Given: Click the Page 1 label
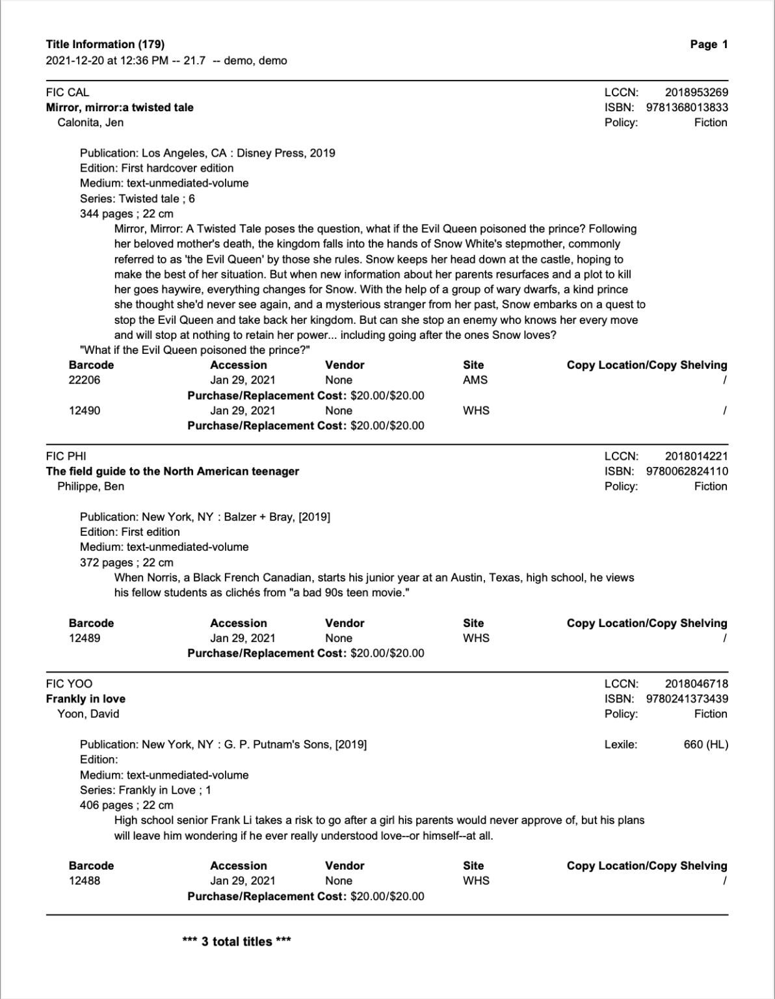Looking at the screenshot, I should click(709, 45).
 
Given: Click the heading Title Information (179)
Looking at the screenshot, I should click(105, 45).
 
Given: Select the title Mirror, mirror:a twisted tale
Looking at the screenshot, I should click(120, 107).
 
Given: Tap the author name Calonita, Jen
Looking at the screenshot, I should click(90, 122).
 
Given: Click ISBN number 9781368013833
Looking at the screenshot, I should click(687, 107).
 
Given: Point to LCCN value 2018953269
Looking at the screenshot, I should click(696, 92).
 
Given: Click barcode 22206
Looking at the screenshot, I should click(85, 380).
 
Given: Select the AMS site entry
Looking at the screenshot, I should click(475, 380).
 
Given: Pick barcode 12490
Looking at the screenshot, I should click(85, 410).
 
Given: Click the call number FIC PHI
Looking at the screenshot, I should click(66, 456).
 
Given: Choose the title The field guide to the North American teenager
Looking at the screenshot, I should click(172, 471).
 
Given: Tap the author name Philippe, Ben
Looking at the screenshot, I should click(90, 486).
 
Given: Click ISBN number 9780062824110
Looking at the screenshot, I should click(687, 471).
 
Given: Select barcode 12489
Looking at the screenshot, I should click(85, 638).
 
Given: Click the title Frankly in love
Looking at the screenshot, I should click(86, 699).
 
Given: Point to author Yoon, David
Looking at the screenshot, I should click(88, 713).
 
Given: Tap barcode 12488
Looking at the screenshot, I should click(85, 881).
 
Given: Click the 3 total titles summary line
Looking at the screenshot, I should click(237, 941).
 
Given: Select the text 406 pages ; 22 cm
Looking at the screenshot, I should click(126, 805).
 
